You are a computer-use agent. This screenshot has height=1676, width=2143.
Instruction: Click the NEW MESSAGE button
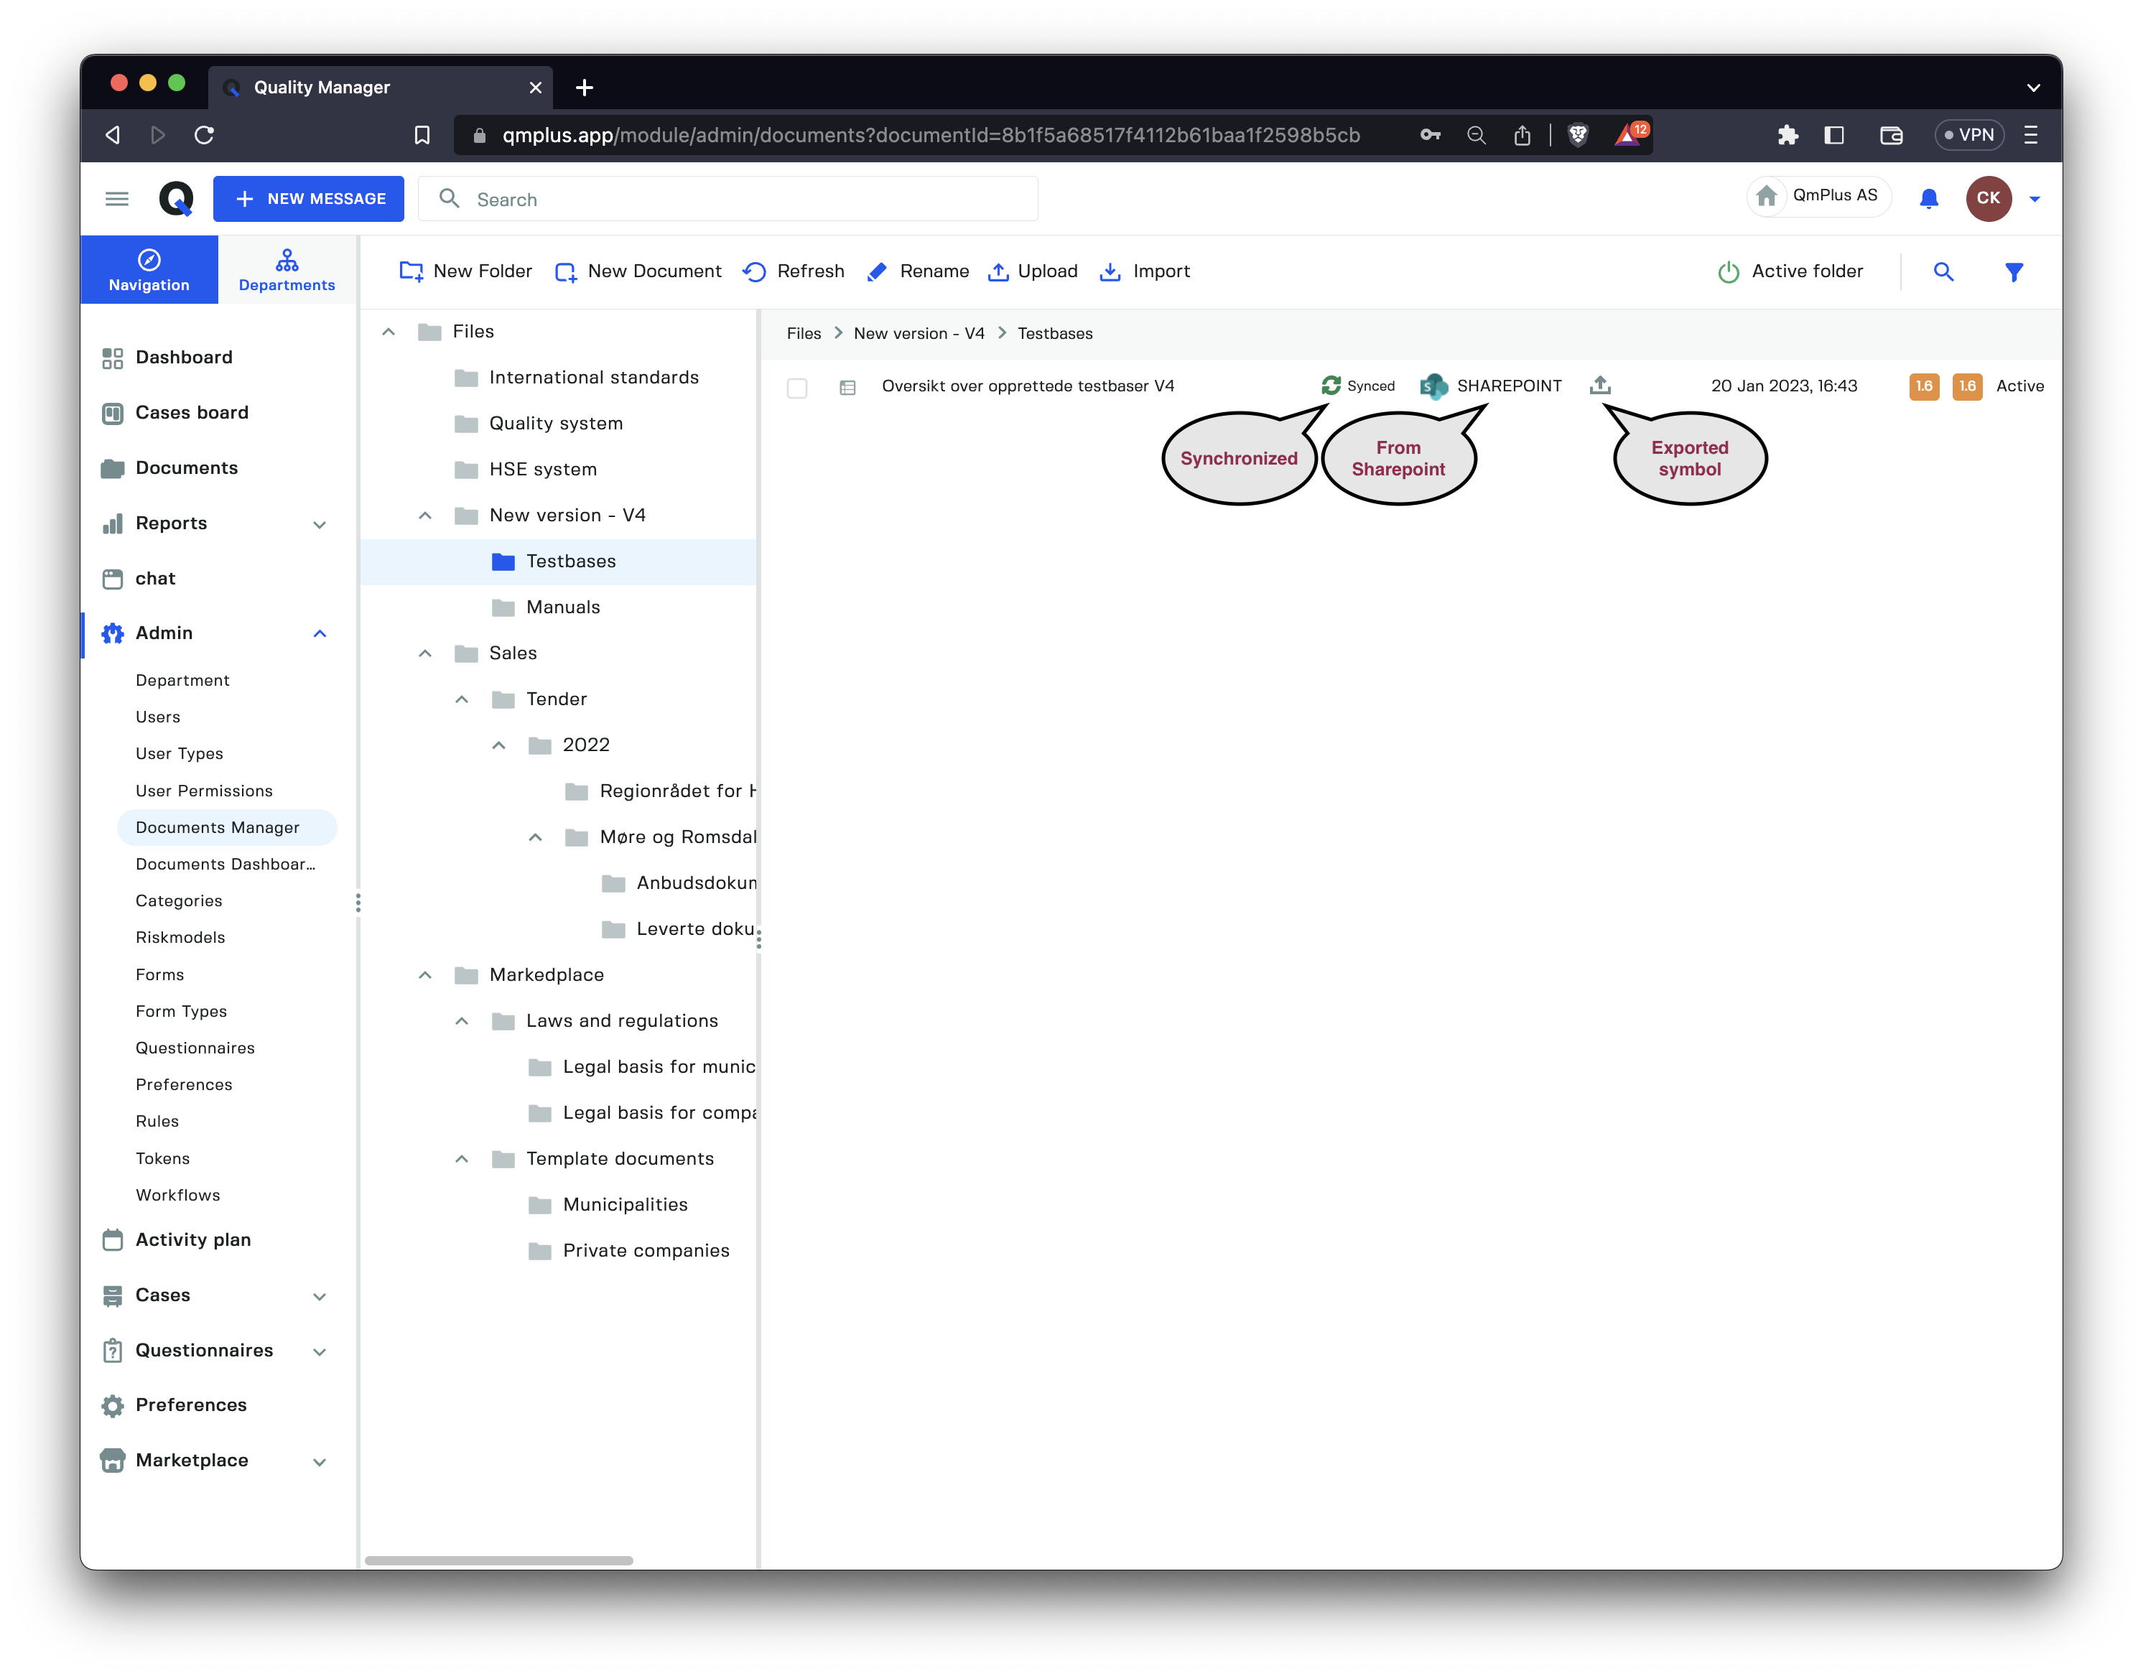pos(308,198)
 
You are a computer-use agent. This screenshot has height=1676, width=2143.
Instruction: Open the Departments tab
pos(287,270)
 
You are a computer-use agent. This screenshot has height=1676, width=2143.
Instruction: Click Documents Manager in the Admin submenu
pos(218,827)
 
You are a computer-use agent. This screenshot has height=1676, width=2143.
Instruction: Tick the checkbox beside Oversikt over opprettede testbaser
pos(796,388)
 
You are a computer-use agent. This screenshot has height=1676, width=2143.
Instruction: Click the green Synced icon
pos(1331,386)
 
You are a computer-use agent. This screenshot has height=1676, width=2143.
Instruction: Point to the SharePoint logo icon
pos(1433,386)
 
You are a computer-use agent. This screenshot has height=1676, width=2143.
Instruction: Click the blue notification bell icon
pos(1928,199)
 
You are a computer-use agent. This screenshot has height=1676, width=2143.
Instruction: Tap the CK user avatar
pos(1988,198)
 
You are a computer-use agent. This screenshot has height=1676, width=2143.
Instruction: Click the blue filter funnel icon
pos(2014,272)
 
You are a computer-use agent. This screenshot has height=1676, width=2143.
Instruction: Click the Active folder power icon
pos(1729,272)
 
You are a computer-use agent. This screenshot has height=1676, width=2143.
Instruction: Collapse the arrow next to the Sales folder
pos(425,653)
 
